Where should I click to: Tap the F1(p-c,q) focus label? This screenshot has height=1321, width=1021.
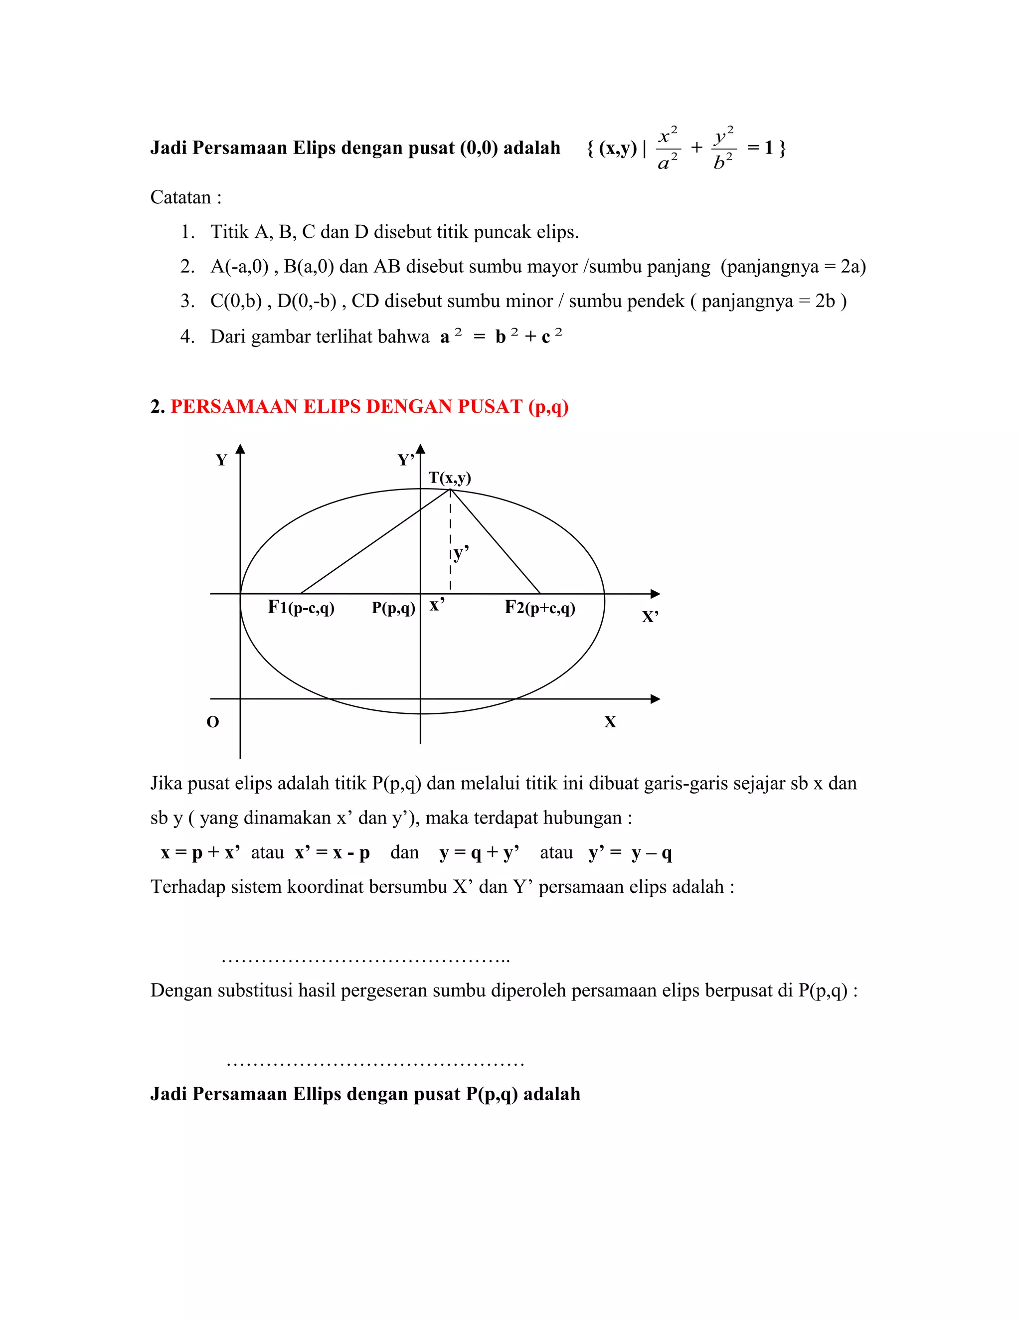pos(301,607)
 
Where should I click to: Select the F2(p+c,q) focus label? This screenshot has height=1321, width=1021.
pos(539,607)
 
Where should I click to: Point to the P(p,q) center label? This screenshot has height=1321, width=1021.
pos(393,608)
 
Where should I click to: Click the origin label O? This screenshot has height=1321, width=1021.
pos(213,722)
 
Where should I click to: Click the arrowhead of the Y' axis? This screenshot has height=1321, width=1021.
pos(420,449)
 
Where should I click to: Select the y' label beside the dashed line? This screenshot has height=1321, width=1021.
pos(461,552)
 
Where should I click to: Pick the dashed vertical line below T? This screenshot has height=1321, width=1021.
pos(450,544)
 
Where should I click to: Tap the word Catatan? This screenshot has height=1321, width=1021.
pos(180,197)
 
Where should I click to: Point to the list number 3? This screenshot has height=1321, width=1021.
pos(187,301)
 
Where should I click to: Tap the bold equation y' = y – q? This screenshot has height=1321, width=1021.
pos(630,853)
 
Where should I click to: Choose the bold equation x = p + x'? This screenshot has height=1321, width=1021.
pos(200,853)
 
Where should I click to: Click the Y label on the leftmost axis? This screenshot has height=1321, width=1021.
pos(221,460)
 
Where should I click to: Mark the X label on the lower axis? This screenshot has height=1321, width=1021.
pos(610,722)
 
